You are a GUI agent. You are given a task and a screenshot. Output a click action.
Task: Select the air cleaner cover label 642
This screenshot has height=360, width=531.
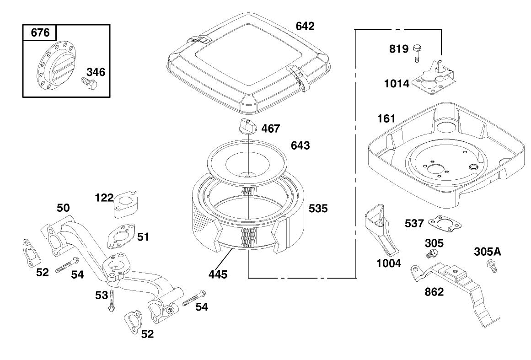305,26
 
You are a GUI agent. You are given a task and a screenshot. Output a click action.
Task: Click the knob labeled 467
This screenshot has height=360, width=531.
247,125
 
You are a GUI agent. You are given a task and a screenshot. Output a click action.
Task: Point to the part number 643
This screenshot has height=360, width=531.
300,146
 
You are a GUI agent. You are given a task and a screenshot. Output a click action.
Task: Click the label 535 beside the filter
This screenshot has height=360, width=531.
318,209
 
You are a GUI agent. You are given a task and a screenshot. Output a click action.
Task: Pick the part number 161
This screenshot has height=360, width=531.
386,119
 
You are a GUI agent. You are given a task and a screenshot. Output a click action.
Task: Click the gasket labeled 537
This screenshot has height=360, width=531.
441,223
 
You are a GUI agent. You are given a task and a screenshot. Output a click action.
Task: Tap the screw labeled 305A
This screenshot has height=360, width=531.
492,266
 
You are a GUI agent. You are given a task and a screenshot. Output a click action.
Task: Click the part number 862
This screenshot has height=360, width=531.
434,291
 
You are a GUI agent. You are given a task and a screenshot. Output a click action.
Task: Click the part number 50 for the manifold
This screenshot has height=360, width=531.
63,208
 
